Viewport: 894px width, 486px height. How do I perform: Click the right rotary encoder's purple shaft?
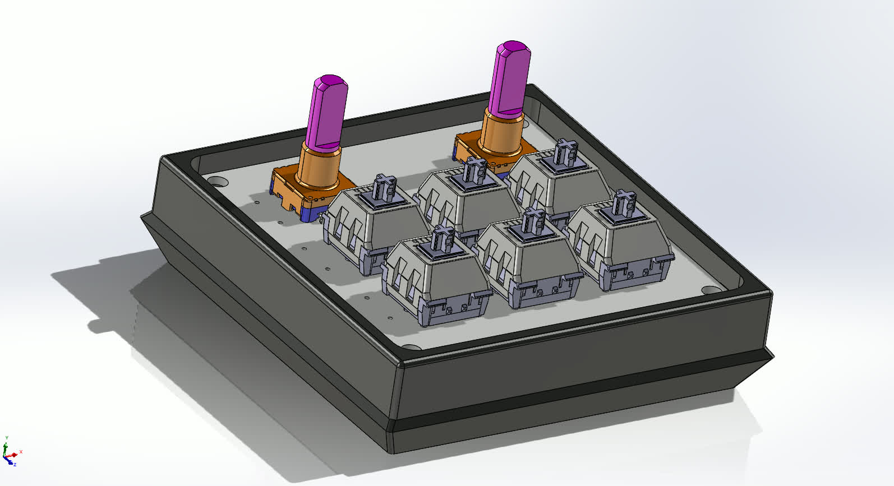[510, 78]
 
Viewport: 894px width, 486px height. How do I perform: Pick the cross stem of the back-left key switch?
[386, 188]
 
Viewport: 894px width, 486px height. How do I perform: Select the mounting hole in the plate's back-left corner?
[218, 182]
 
